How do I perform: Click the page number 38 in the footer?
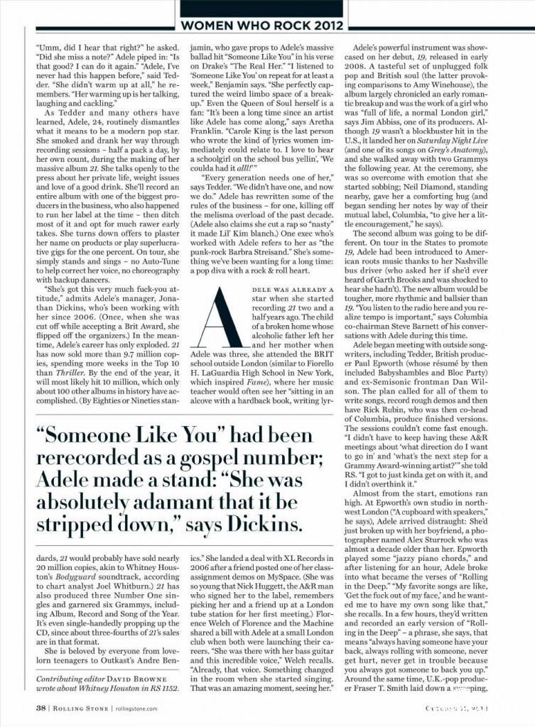[41, 707]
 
